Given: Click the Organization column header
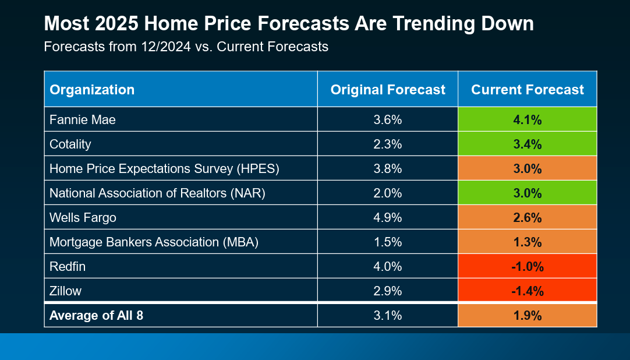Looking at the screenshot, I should [92, 90].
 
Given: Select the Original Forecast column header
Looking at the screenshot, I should [388, 90].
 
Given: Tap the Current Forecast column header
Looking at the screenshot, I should [528, 90].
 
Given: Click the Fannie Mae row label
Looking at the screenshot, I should [83, 120].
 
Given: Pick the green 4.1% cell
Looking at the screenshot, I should [528, 120].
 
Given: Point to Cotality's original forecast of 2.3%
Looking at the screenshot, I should [388, 144].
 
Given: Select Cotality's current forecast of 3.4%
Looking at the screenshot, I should [528, 144].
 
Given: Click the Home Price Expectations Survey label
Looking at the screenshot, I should [165, 169].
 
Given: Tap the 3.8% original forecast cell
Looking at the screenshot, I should [388, 169].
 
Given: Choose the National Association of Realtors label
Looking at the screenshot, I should [157, 193].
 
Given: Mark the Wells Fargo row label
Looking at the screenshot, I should [83, 218].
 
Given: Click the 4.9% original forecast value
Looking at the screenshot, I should [388, 218].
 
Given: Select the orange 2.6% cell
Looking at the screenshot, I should [528, 218].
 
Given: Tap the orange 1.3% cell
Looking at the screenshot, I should [528, 242].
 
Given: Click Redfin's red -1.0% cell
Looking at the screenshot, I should [528, 267].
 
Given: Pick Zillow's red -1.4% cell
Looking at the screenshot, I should [528, 291].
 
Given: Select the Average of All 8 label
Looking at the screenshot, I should [97, 316].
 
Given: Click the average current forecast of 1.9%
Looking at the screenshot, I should [528, 316].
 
